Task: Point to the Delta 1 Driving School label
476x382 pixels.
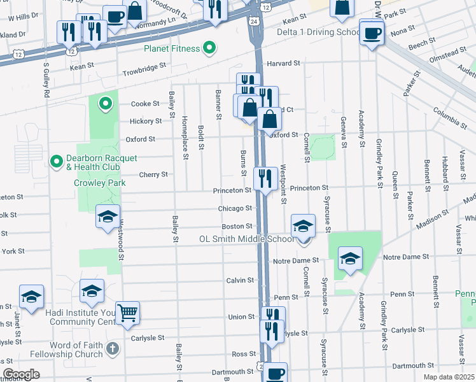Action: pyautogui.click(x=316, y=32)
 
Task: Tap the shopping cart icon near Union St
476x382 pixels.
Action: pyautogui.click(x=128, y=312)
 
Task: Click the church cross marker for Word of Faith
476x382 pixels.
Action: pyautogui.click(x=112, y=348)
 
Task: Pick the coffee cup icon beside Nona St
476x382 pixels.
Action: pyautogui.click(x=372, y=32)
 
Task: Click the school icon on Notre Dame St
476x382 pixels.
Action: pyautogui.click(x=350, y=259)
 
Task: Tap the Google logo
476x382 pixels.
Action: pyautogui.click(x=21, y=374)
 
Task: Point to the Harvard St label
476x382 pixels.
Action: pyautogui.click(x=283, y=64)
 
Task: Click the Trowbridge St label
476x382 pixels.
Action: pyautogui.click(x=144, y=66)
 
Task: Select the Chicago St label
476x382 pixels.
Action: pyautogui.click(x=235, y=208)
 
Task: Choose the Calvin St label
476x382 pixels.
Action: pyautogui.click(x=240, y=280)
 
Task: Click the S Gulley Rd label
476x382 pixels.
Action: pyautogui.click(x=46, y=80)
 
